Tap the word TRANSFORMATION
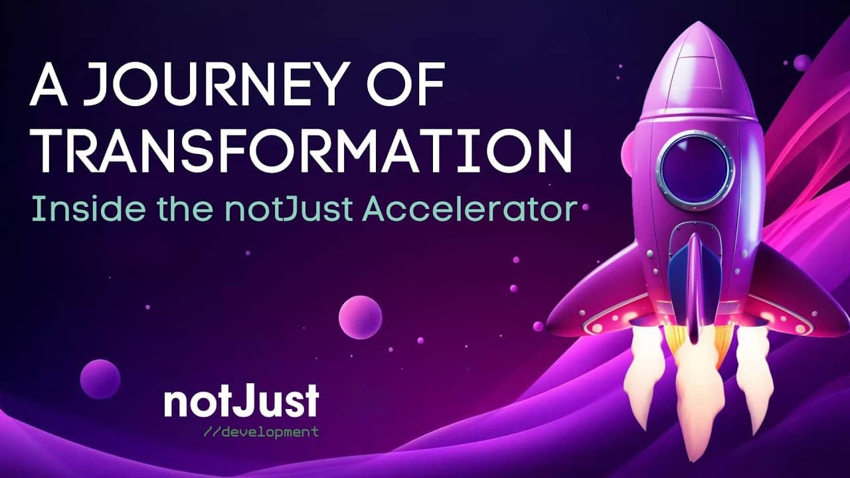(x=301, y=151)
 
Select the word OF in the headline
(x=406, y=84)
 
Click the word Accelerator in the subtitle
(x=469, y=208)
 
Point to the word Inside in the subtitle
(x=88, y=208)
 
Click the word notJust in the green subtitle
(x=289, y=209)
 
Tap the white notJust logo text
(x=242, y=400)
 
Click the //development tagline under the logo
(x=261, y=432)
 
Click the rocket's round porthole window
(x=695, y=169)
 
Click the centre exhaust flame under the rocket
(x=695, y=394)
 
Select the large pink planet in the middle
(x=360, y=317)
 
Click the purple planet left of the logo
(x=100, y=379)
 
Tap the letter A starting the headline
(x=48, y=84)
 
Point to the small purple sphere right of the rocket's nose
(x=802, y=62)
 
